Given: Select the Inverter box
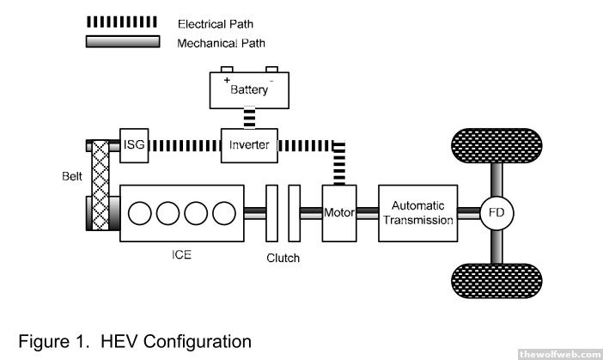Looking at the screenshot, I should (x=249, y=145).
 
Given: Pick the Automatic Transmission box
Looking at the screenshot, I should (x=416, y=212).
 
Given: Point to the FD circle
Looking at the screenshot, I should (x=496, y=212).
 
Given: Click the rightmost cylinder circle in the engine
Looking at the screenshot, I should (x=222, y=212).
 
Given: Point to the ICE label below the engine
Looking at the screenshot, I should (x=181, y=255).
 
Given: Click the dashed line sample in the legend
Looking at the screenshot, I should (x=122, y=23).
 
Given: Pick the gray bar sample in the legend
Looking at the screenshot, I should (x=122, y=41).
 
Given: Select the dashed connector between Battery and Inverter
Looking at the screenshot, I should (x=249, y=117).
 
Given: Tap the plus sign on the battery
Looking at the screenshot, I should (x=228, y=79).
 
